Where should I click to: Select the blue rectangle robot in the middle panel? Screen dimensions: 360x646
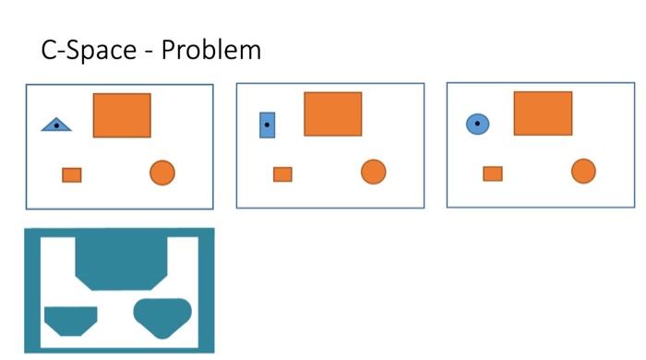268,124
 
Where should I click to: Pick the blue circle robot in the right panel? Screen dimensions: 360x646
477,123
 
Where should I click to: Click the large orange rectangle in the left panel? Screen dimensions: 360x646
122,114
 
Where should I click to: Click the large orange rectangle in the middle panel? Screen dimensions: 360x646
333,114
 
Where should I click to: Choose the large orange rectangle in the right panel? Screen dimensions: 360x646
543,113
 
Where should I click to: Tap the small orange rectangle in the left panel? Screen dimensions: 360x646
72,174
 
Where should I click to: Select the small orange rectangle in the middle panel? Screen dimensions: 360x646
282,174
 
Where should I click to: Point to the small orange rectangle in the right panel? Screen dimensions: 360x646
493,173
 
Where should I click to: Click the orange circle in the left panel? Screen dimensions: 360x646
162,173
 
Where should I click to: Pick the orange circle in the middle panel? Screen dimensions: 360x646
373,172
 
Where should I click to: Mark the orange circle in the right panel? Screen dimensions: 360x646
583,171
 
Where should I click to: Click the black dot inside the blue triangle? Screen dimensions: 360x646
57,125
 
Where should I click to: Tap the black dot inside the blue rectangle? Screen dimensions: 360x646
268,124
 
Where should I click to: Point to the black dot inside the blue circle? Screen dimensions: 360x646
477,122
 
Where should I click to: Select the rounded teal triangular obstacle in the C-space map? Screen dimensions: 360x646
161,315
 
